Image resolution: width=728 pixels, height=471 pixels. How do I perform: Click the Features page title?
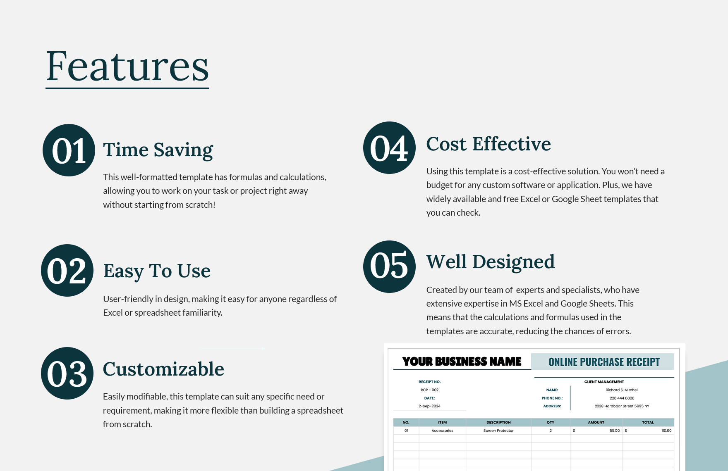click(x=127, y=66)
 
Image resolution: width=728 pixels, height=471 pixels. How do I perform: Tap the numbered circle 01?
click(x=69, y=150)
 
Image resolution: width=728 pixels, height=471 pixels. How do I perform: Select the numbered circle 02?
click(x=67, y=271)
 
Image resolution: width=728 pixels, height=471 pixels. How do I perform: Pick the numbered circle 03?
click(x=67, y=373)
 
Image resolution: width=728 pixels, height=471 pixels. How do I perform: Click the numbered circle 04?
click(x=389, y=148)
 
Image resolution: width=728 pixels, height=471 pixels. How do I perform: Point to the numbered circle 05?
click(x=389, y=267)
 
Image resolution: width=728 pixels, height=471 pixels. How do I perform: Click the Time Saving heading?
click(x=158, y=150)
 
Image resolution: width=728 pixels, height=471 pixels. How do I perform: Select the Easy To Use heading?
click(x=157, y=271)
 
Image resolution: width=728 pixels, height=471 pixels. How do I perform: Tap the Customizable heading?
click(x=163, y=369)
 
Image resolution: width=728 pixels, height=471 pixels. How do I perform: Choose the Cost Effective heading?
click(x=489, y=144)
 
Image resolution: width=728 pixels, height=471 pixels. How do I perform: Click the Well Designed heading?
click(x=491, y=262)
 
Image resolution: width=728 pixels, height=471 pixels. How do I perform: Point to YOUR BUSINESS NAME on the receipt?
click(x=462, y=362)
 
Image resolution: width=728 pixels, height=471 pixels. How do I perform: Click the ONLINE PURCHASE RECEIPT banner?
click(x=604, y=362)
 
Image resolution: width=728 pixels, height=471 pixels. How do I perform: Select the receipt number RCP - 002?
click(x=429, y=390)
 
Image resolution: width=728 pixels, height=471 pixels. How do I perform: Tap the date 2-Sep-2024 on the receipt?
click(x=429, y=406)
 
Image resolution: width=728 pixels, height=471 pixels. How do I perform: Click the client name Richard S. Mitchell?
click(x=622, y=390)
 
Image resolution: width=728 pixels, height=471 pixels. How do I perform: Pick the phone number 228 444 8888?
click(x=622, y=398)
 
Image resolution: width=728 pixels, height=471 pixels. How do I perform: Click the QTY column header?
click(x=550, y=422)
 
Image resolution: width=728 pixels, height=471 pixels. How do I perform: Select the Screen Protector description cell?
click(x=498, y=431)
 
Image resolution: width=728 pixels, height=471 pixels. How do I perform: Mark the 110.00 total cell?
click(x=666, y=431)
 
